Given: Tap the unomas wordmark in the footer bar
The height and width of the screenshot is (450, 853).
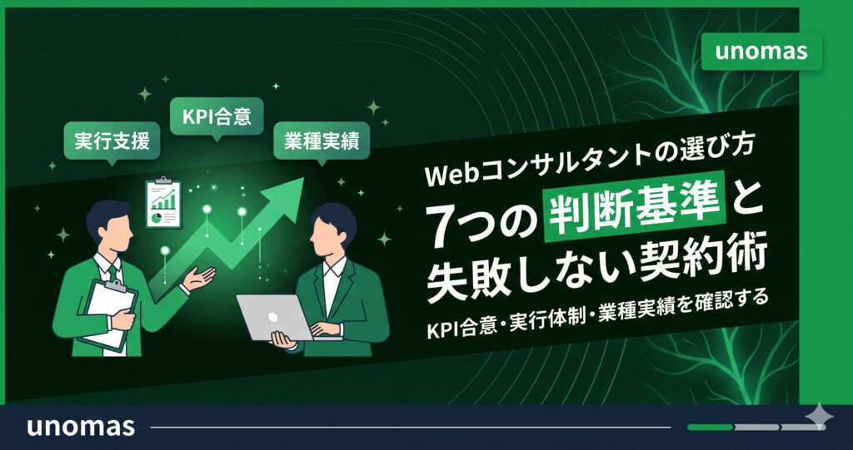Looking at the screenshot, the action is coord(81,427).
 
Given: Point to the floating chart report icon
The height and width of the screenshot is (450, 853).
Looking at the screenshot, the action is coord(163,202).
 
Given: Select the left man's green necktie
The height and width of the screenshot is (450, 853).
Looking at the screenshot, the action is coord(112,272).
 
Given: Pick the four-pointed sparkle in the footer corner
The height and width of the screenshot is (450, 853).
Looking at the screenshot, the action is coord(819,417).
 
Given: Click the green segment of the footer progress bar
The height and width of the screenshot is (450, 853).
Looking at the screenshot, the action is coord(710,428).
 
